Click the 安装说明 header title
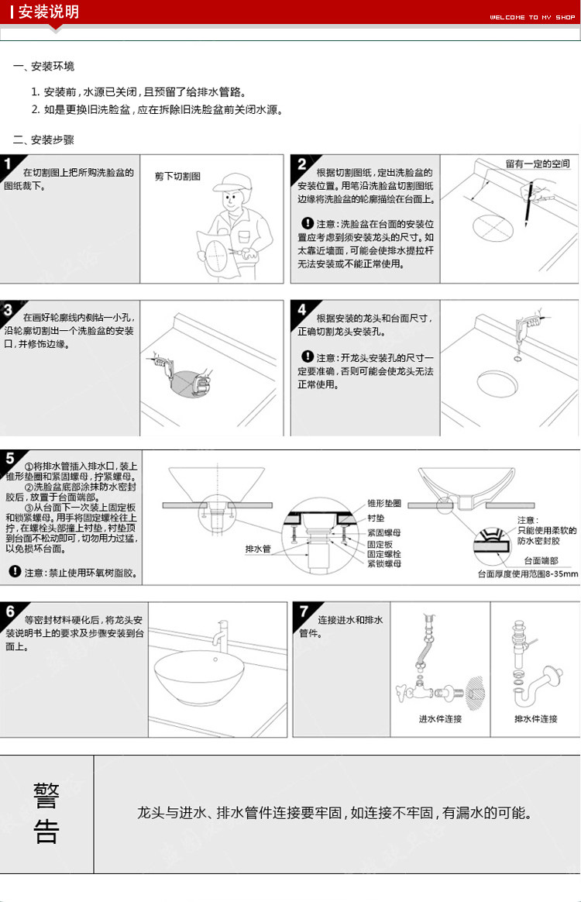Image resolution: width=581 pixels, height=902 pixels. click(48, 12)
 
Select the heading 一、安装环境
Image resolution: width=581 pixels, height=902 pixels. click(44, 67)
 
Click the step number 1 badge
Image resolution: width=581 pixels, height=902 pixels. click(9, 165)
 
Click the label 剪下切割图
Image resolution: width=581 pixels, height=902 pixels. click(177, 177)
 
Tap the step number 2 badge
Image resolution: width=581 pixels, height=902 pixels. click(302, 164)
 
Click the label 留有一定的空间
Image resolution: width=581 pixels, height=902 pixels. click(538, 164)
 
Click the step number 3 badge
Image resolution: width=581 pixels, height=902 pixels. click(9, 311)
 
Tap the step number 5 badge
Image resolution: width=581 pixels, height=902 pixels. click(9, 458)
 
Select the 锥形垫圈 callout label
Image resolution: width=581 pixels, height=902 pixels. click(383, 503)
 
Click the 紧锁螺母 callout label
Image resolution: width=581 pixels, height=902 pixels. click(383, 564)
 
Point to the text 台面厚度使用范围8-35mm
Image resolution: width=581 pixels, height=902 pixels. click(528, 574)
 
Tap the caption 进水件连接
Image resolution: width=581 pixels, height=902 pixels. click(440, 719)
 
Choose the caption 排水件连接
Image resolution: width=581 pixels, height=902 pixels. click(535, 719)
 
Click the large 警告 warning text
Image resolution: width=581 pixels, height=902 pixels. click(46, 814)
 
